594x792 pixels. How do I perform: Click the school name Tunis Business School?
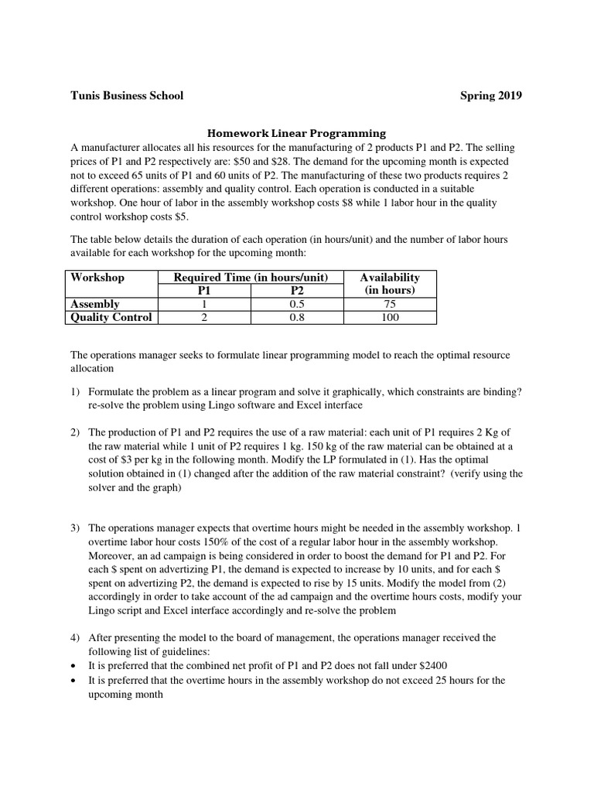[127, 96]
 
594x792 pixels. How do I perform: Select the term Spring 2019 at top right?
[491, 96]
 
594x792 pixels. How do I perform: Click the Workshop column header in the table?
[97, 278]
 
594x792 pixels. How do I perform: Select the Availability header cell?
[390, 278]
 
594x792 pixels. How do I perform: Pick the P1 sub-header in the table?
[204, 291]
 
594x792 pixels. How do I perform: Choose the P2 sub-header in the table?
[297, 291]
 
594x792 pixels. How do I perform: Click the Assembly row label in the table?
[95, 304]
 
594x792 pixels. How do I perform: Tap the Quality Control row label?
[111, 317]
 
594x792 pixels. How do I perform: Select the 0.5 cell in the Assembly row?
[297, 304]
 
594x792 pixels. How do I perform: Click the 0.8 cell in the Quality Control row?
[297, 317]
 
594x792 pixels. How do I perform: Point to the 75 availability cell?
[390, 304]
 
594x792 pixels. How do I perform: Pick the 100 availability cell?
[390, 317]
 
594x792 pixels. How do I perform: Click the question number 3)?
[75, 527]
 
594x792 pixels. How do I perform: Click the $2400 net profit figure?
[432, 665]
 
